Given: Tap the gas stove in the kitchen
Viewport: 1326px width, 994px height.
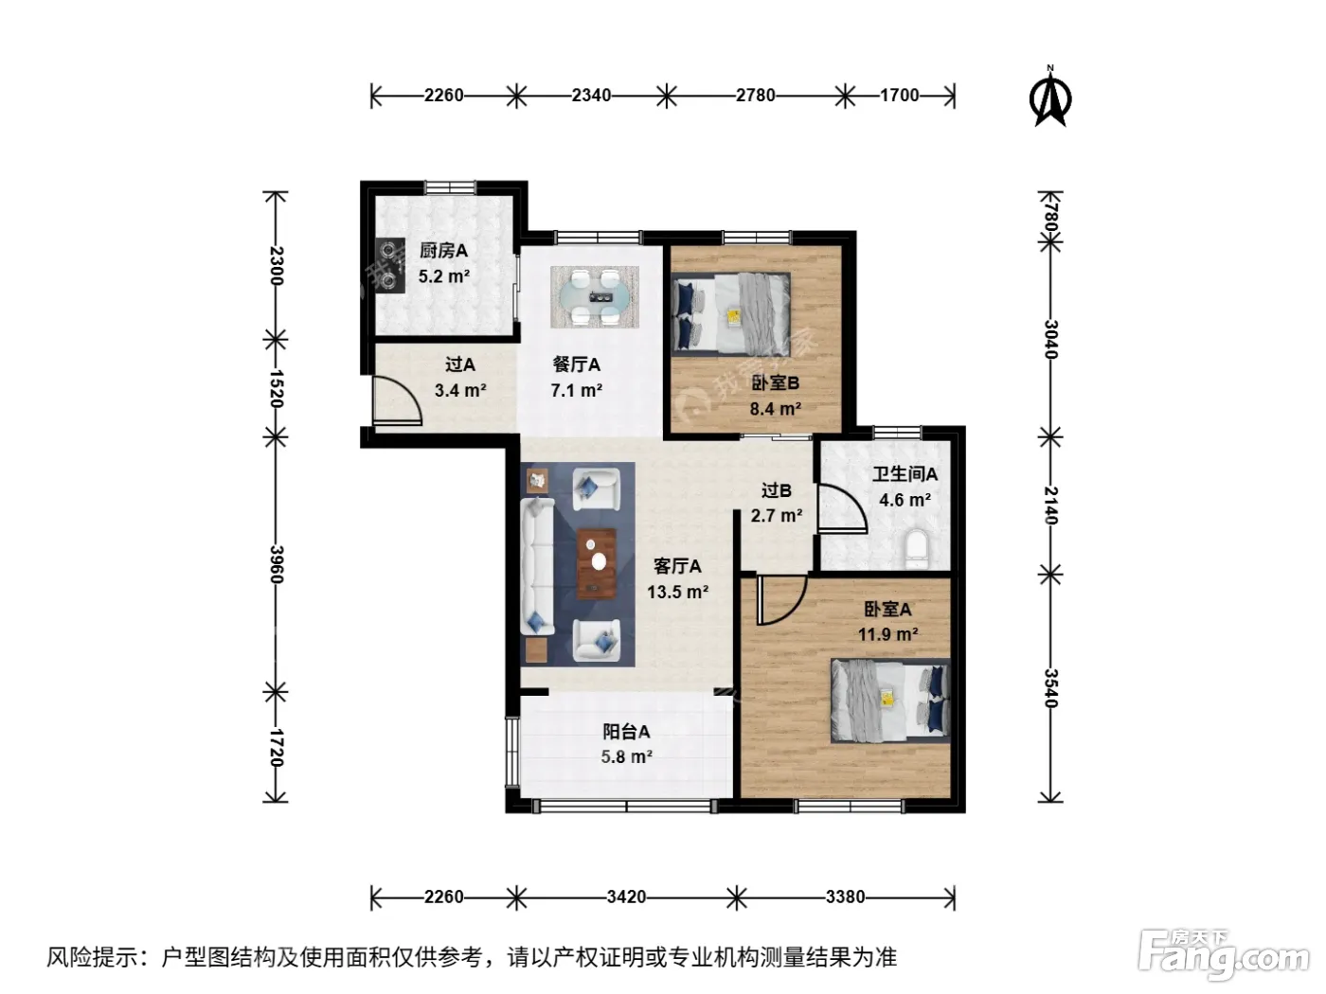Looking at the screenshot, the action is point(389,266).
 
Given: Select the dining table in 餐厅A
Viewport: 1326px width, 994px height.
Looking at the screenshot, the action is point(595,297).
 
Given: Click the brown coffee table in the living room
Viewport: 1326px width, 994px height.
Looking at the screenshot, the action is point(597,563).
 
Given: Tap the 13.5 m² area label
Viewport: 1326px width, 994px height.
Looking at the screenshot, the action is point(677,592).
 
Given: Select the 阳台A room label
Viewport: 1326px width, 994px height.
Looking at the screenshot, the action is point(626,732).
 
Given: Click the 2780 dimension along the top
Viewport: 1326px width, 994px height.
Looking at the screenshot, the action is point(755,96).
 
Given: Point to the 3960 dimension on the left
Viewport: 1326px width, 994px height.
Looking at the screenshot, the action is point(276,564).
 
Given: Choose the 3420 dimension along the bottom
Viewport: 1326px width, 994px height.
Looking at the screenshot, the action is point(626,896).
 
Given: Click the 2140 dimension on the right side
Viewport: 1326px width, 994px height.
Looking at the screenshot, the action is point(1051,505).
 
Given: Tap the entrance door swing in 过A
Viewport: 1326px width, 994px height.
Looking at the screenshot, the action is point(397,400).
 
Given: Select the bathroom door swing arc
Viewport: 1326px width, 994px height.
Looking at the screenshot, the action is point(842,507).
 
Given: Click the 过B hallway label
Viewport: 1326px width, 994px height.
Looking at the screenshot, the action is point(776,490).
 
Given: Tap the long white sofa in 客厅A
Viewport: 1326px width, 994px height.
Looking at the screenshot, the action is point(537,566).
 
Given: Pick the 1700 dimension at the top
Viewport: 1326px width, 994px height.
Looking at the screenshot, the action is point(899,96).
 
